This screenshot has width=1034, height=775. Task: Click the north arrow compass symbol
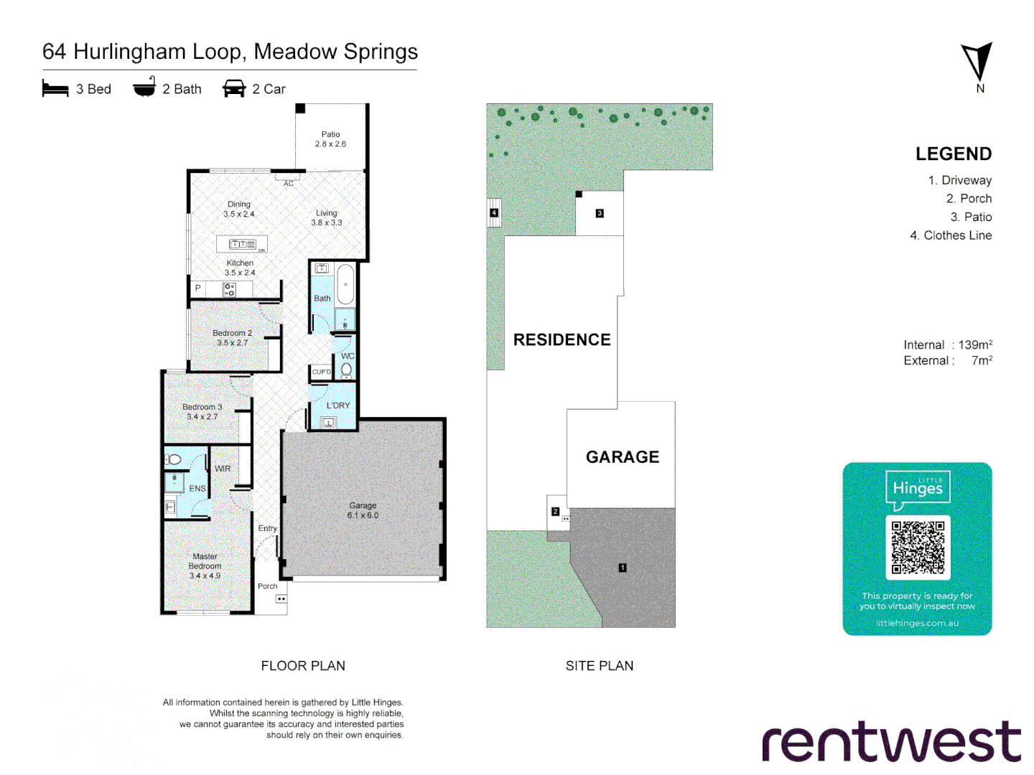[977, 63]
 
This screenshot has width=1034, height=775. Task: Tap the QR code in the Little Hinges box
[918, 548]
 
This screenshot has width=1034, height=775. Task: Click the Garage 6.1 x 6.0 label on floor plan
[363, 510]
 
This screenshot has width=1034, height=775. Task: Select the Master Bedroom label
[205, 565]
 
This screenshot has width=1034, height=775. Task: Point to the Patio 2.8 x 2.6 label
[330, 139]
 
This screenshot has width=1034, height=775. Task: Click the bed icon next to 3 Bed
[55, 89]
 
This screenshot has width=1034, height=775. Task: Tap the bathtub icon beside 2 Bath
[144, 88]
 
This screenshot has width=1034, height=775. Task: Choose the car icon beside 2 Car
[234, 89]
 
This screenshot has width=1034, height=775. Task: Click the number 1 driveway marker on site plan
[623, 568]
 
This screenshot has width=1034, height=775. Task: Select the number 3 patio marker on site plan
[600, 213]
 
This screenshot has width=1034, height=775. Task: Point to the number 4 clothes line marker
[494, 213]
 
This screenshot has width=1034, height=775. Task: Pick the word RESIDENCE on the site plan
[562, 340]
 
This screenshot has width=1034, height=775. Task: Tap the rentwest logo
[891, 742]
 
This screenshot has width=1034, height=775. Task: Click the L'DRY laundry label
[338, 405]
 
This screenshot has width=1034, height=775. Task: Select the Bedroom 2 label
[232, 337]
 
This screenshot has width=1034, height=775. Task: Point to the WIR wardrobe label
[223, 469]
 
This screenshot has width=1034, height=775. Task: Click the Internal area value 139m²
[975, 345]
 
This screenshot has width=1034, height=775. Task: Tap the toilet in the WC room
[347, 369]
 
